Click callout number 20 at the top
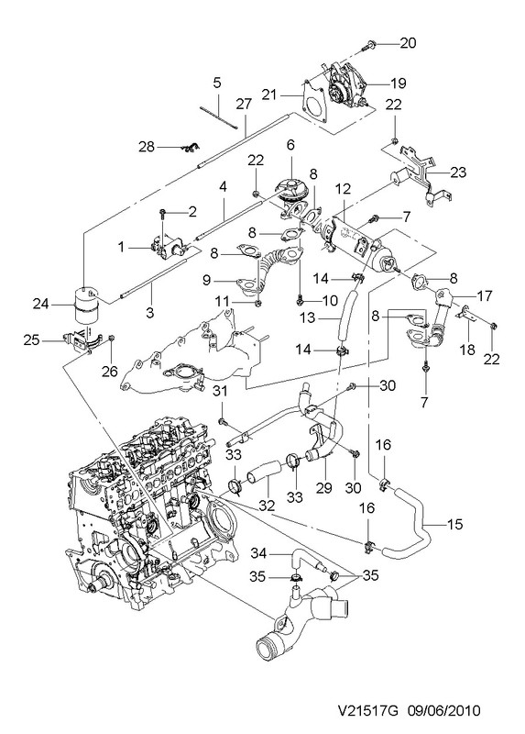pos(408,43)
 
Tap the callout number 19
pos(398,83)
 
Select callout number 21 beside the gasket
pos(269,95)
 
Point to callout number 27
pos(244,104)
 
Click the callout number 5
pos(217,83)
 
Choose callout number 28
pos(147,147)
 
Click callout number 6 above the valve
pos(290,145)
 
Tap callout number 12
pos(343,189)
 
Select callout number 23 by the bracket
pos(458,172)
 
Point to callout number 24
pos(41,305)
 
